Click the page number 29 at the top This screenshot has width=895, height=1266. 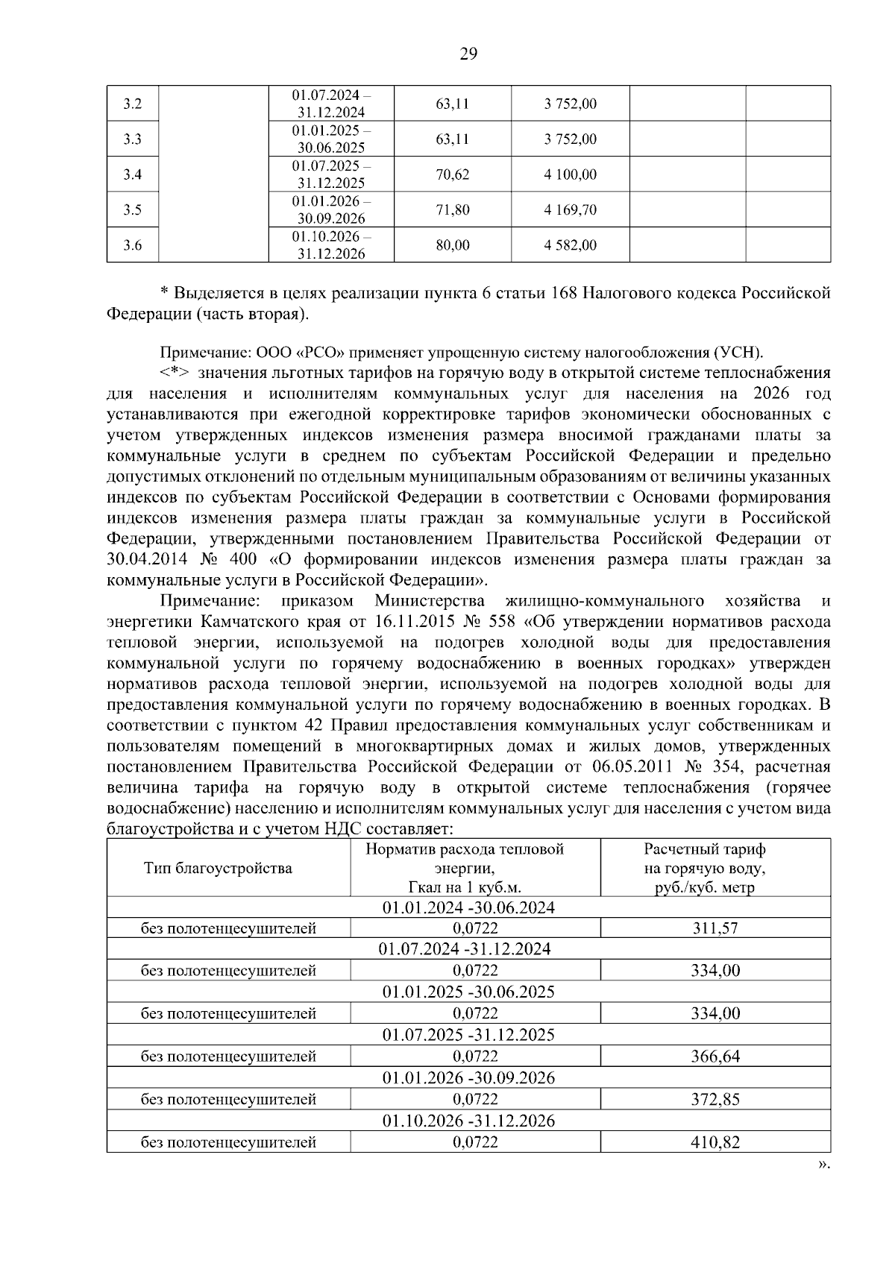[x=468, y=53]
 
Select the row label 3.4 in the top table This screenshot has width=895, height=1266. [x=133, y=174]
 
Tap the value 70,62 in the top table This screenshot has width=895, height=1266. [x=453, y=174]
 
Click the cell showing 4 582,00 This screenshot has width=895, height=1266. [x=571, y=245]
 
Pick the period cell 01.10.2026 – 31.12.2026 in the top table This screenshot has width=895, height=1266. [x=331, y=245]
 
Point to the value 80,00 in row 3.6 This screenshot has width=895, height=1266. [x=453, y=245]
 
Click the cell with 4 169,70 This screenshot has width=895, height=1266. [x=571, y=210]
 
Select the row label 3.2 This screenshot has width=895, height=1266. [x=133, y=104]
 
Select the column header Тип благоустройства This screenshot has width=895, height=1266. [x=218, y=868]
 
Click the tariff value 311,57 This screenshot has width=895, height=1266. [x=715, y=928]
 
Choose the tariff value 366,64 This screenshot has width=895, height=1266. [x=715, y=1056]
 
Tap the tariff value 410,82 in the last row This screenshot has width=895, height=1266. [x=715, y=1142]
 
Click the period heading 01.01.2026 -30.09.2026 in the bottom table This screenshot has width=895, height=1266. [x=468, y=1078]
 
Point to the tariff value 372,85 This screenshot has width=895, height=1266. [x=715, y=1099]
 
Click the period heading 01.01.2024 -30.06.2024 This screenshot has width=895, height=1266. [x=468, y=907]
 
